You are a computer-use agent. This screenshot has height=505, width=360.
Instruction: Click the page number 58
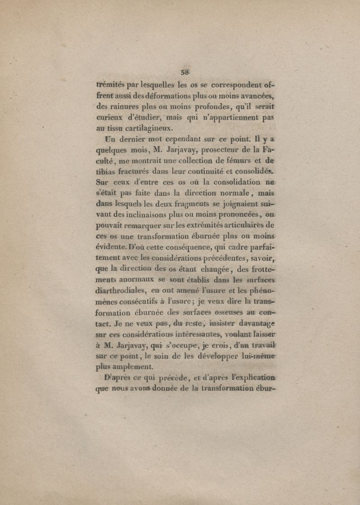184,72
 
